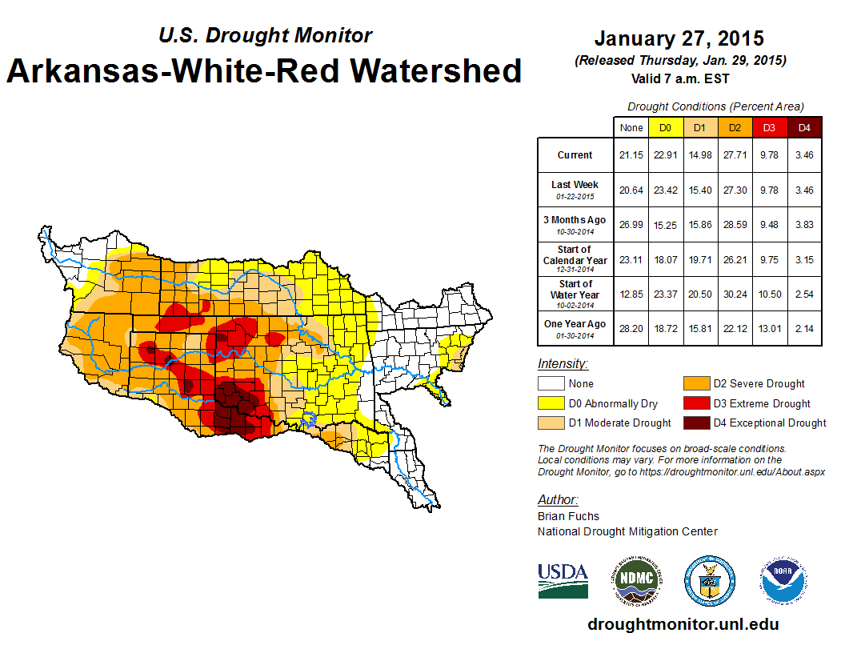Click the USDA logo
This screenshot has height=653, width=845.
(x=563, y=580)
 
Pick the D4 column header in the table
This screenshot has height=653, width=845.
(x=804, y=127)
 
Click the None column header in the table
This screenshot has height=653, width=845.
(x=631, y=127)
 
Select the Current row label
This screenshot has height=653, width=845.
(x=575, y=155)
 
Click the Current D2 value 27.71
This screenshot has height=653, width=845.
(x=734, y=155)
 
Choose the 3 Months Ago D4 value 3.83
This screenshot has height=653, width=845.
(x=804, y=225)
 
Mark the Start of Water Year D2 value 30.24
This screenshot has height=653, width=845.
(x=734, y=294)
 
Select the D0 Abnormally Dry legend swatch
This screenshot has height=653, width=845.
(x=550, y=403)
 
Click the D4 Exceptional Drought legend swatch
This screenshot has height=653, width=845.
(x=696, y=423)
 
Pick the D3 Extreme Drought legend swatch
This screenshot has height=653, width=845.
(x=696, y=403)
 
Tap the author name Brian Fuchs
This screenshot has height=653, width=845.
(x=568, y=516)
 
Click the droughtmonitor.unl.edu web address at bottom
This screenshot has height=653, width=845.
(x=683, y=624)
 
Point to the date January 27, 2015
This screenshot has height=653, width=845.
(x=679, y=38)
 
